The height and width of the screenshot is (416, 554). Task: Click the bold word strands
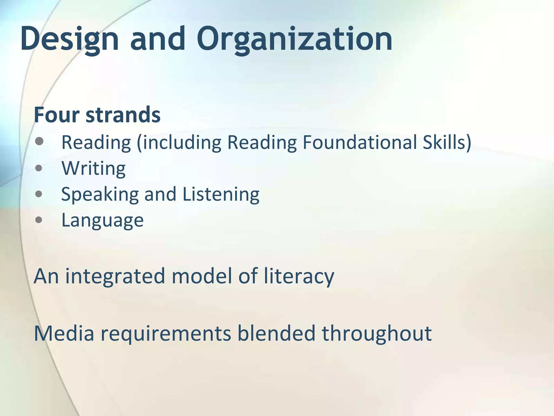[x=123, y=115]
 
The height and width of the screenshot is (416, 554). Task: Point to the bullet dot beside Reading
[x=39, y=141]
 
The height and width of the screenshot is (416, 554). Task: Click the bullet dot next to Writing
[x=39, y=168]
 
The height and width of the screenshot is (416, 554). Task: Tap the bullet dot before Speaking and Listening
[x=39, y=194]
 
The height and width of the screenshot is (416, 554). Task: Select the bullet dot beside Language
[x=39, y=220]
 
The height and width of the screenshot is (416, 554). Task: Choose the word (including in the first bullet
[x=179, y=143]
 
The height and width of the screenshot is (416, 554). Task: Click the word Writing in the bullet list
[x=94, y=168]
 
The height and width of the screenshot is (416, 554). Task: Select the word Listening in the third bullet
[x=221, y=194]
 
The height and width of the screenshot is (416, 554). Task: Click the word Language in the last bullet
[x=103, y=220]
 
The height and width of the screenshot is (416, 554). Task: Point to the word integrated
[x=115, y=277]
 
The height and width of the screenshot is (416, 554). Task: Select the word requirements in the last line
[x=166, y=334]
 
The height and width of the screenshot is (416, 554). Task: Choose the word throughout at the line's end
[x=377, y=333]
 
